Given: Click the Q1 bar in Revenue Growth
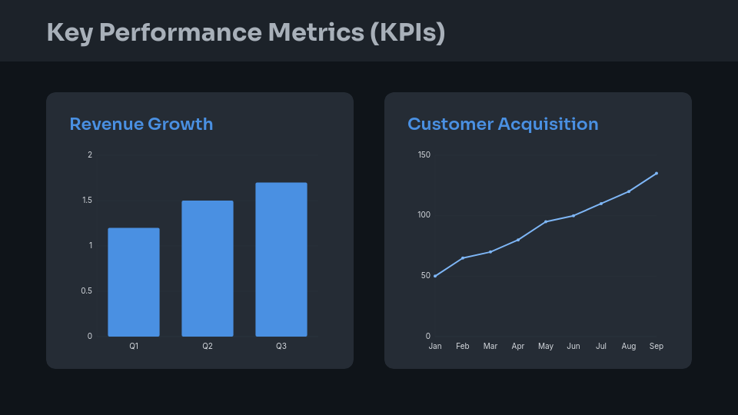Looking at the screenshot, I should [134, 282].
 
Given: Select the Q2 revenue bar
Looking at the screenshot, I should [208, 268].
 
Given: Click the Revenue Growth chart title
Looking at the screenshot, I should [141, 124].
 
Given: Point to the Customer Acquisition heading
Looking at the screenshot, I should [503, 124].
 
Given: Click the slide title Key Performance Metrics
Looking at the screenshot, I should [246, 32].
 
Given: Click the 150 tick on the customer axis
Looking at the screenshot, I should [424, 155].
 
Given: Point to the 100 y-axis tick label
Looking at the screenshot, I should [424, 215].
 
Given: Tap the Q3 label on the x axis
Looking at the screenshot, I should [281, 347].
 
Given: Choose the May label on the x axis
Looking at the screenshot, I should [546, 347].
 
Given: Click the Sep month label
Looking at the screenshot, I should [657, 347].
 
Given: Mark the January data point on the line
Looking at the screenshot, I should [435, 276].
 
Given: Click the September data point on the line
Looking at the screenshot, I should [657, 173].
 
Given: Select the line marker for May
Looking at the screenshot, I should [546, 221].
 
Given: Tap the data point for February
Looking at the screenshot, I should [463, 257].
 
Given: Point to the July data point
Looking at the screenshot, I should [601, 204].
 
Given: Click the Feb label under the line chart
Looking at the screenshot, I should [463, 347].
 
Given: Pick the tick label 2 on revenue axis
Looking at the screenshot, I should [90, 155].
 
